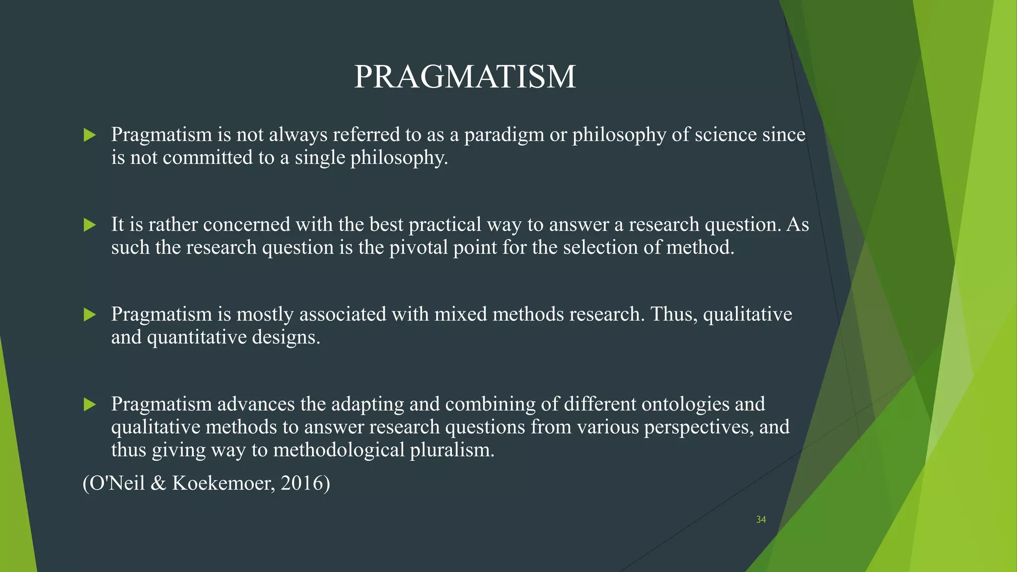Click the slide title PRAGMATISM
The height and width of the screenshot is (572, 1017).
tap(464, 77)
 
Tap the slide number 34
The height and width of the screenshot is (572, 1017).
tap(761, 519)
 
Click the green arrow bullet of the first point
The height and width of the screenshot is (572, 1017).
tap(90, 135)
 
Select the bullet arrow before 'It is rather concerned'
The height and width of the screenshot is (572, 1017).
tap(90, 225)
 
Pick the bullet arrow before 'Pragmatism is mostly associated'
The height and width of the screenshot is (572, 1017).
tap(90, 315)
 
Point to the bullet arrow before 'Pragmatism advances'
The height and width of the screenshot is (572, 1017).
tap(90, 405)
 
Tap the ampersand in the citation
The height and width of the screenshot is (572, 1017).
tap(158, 483)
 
